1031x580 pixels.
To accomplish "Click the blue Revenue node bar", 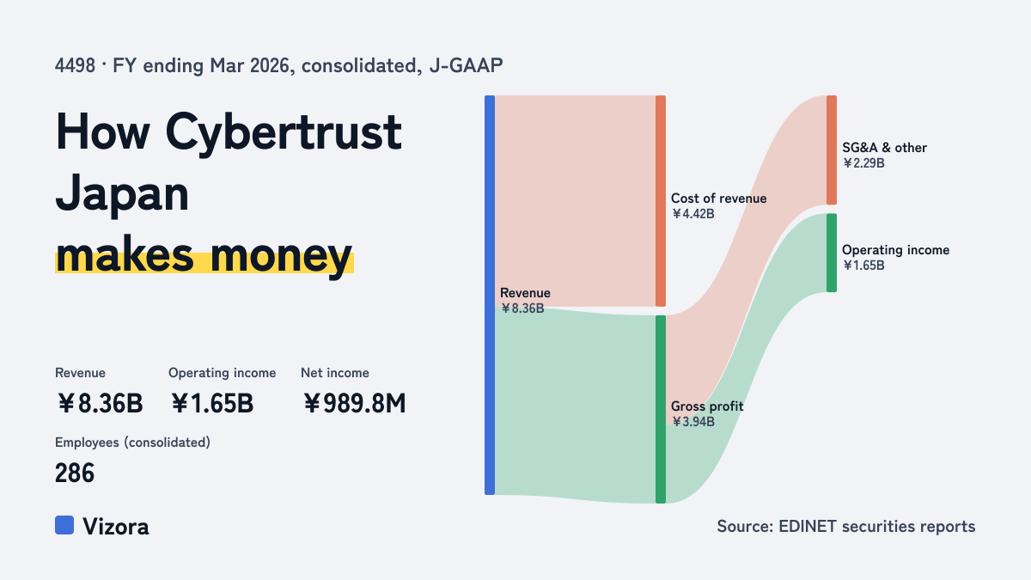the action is pos(490,295).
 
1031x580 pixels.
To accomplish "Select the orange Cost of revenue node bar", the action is pos(661,201).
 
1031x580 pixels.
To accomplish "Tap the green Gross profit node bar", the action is pos(661,409).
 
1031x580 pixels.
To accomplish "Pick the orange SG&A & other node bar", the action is pos(832,150).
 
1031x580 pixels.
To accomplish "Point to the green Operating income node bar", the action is pos(832,253).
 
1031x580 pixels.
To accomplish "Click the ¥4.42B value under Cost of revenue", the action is pos(692,214).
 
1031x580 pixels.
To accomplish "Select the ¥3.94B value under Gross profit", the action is pos(692,422).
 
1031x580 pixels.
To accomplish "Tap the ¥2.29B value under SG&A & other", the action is pos(863,163).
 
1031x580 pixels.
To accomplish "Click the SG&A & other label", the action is pos(884,148).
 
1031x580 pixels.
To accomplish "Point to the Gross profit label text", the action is pos(707,406).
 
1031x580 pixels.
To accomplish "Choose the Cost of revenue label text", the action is pos(718,198).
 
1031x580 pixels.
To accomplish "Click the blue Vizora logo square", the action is pos(64,525).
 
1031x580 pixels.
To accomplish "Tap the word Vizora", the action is pos(116,527).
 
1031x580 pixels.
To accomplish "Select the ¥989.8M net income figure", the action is pos(354,404).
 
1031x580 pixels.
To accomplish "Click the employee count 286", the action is pos(75,473).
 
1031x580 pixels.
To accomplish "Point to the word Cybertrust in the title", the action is pos(284,133).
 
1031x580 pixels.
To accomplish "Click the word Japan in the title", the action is pos(122,195).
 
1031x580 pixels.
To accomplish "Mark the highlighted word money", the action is pos(281,256).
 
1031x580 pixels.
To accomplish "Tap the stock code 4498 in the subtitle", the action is pos(75,66).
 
